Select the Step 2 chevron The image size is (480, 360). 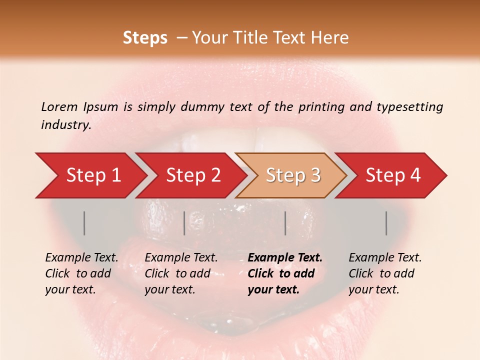192,175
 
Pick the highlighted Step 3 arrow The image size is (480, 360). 292,175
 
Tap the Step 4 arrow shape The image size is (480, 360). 392,175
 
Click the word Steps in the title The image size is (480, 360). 145,38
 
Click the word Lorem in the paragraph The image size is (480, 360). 59,107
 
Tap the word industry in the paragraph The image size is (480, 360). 65,125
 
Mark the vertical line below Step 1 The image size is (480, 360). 84,223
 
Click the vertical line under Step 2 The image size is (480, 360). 184,223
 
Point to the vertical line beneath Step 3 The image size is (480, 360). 285,223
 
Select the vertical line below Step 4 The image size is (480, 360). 386,223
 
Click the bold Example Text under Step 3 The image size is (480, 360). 285,258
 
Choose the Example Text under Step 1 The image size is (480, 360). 81,258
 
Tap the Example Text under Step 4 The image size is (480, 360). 385,258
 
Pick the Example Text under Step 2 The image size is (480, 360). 181,258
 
